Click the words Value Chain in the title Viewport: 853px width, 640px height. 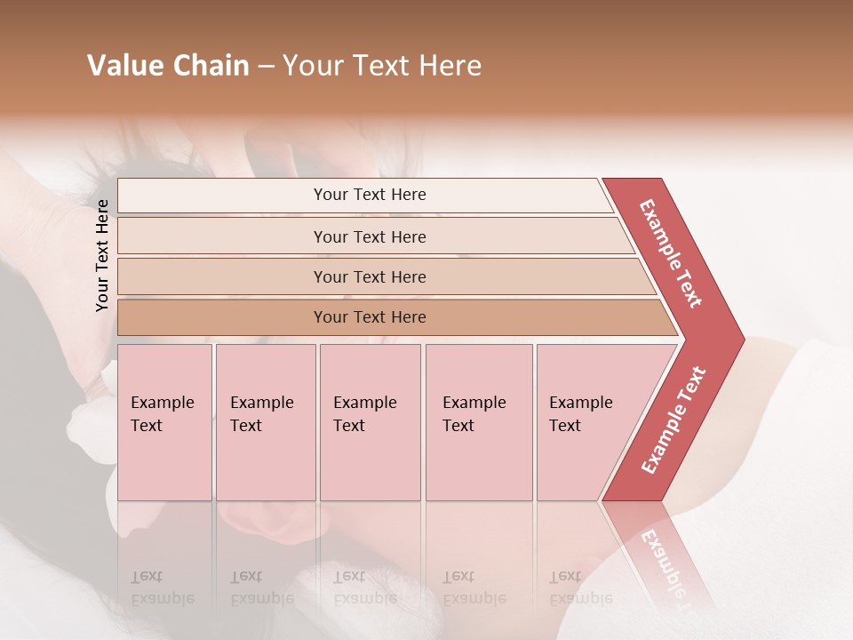pyautogui.click(x=168, y=66)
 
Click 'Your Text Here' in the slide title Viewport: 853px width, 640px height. pyautogui.click(x=382, y=66)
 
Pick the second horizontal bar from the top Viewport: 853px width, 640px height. pyautogui.click(x=369, y=236)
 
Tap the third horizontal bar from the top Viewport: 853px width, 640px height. pyautogui.click(x=369, y=276)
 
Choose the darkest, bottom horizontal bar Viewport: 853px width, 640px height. pyautogui.click(x=369, y=317)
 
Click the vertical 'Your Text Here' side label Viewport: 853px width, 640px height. pyautogui.click(x=102, y=255)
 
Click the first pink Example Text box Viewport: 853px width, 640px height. pyautogui.click(x=164, y=421)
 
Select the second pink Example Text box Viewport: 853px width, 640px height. pyautogui.click(x=265, y=421)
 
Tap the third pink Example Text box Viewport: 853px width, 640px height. pyautogui.click(x=370, y=421)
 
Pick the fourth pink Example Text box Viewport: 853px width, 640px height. pyautogui.click(x=479, y=421)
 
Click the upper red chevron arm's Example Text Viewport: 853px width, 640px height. pyautogui.click(x=672, y=253)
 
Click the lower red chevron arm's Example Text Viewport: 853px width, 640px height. pyautogui.click(x=674, y=420)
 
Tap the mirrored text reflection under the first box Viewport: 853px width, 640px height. pyautogui.click(x=163, y=588)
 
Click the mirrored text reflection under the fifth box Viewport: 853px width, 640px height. pyautogui.click(x=581, y=588)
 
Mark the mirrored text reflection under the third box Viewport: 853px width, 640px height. pyautogui.click(x=364, y=588)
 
